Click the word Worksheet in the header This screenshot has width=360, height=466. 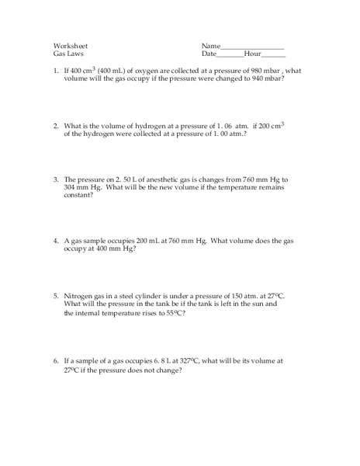click(71, 45)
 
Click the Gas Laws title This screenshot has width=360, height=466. click(68, 54)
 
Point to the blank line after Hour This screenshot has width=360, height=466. click(274, 55)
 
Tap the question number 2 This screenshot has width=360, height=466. click(56, 125)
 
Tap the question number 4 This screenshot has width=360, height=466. click(56, 241)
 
